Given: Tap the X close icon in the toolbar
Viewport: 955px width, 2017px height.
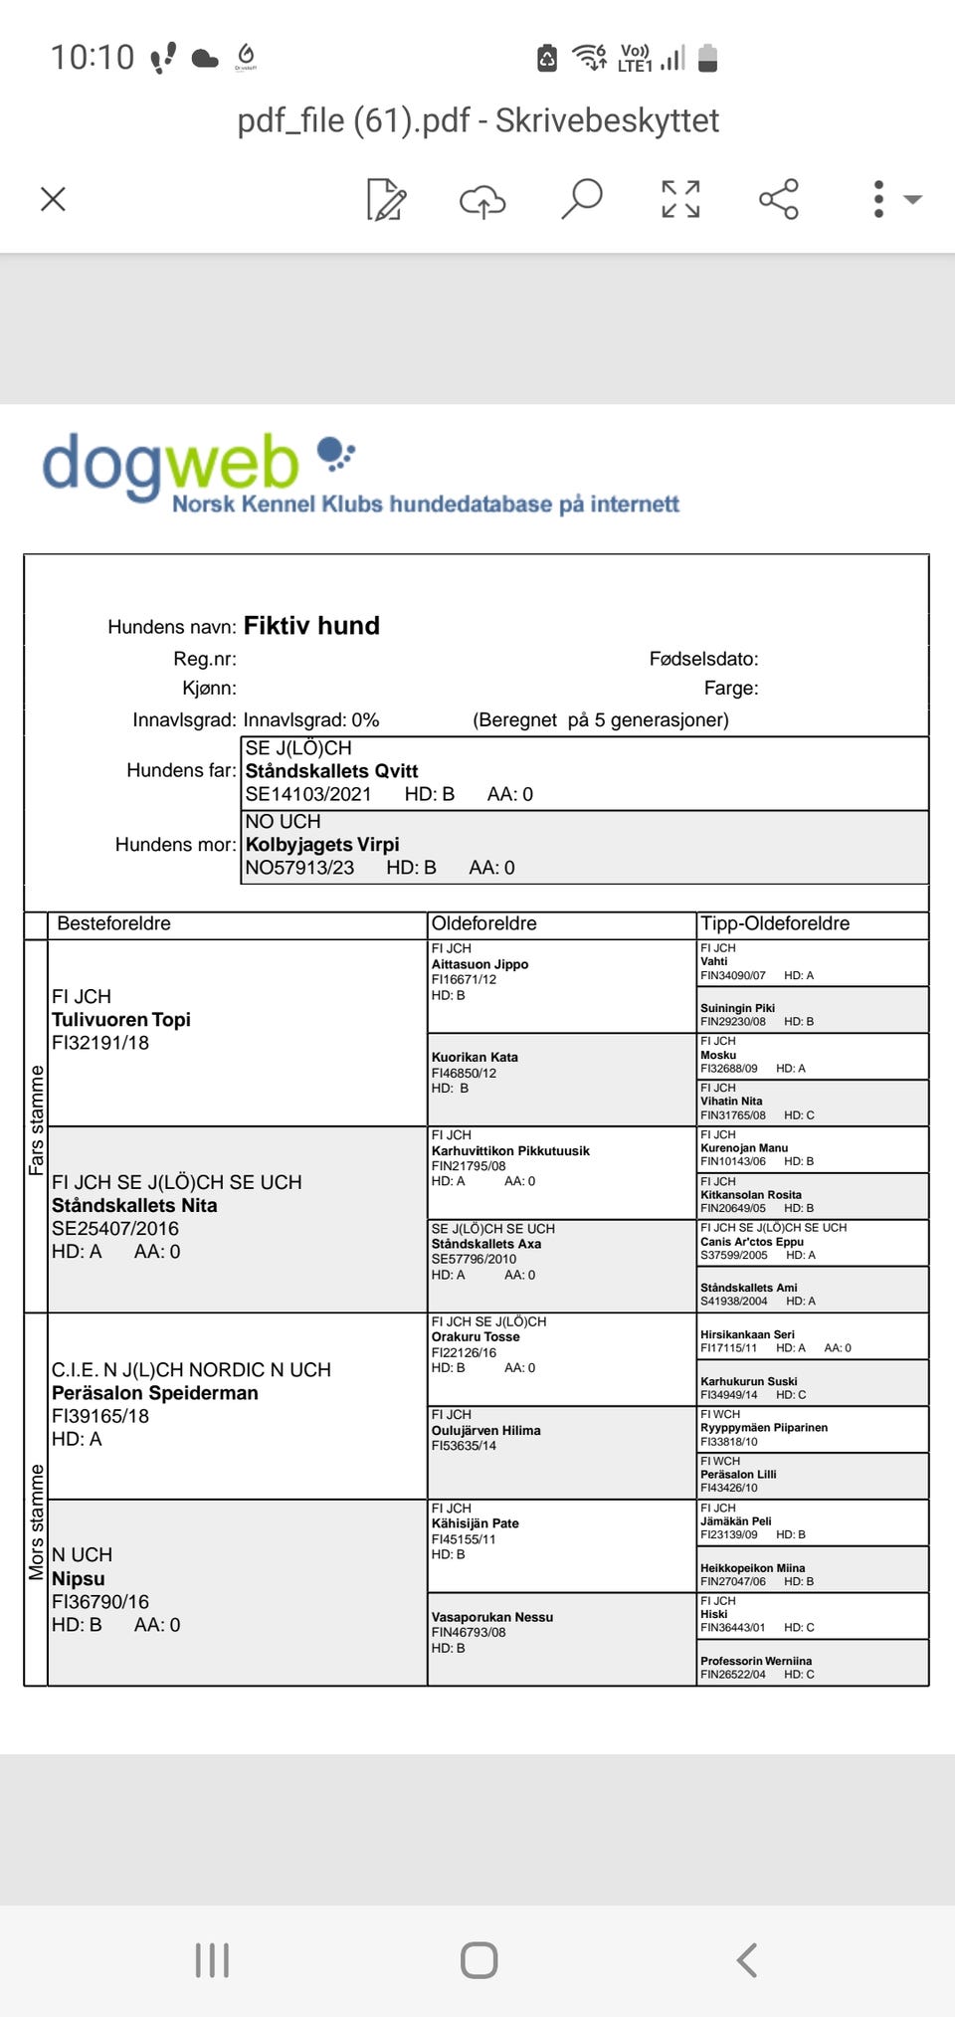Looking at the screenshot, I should click(53, 199).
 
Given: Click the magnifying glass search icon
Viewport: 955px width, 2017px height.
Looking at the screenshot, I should click(582, 198).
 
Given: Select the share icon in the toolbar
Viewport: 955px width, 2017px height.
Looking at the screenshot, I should click(779, 199).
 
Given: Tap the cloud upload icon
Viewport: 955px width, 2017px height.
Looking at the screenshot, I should click(482, 200).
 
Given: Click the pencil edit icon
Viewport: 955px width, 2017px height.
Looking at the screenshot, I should click(386, 199).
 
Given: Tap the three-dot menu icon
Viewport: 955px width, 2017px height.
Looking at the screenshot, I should click(878, 199).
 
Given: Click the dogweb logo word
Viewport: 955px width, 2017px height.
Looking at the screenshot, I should click(170, 465).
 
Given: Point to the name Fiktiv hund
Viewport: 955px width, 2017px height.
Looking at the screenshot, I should click(311, 626).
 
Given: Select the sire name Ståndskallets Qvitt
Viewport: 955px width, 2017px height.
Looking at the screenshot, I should click(331, 771).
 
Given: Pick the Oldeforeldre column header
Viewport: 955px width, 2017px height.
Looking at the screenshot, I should click(484, 923).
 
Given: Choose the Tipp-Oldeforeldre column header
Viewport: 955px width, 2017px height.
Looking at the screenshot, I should click(775, 923).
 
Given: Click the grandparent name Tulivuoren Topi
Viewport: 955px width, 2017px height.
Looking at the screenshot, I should click(121, 1020).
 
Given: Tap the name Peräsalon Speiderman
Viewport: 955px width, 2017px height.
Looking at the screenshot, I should click(155, 1393).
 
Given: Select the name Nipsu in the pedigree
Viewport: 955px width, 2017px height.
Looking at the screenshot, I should click(79, 1579).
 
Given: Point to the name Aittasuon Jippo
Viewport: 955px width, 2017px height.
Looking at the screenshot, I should click(479, 964).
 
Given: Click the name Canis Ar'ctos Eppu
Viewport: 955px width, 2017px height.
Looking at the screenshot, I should click(752, 1242).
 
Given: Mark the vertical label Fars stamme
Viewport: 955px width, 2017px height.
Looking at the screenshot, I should click(37, 1120).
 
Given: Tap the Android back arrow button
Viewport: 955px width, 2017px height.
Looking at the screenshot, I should click(747, 1960).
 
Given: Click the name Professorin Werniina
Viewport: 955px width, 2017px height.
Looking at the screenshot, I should click(756, 1661).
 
